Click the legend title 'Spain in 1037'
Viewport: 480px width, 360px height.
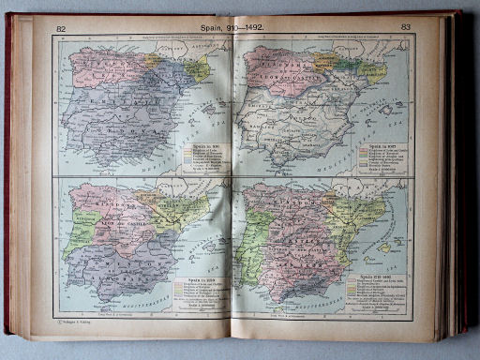[377, 146]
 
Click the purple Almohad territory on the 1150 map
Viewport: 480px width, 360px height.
[103, 267]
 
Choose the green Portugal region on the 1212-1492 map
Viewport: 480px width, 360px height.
[247, 239]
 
